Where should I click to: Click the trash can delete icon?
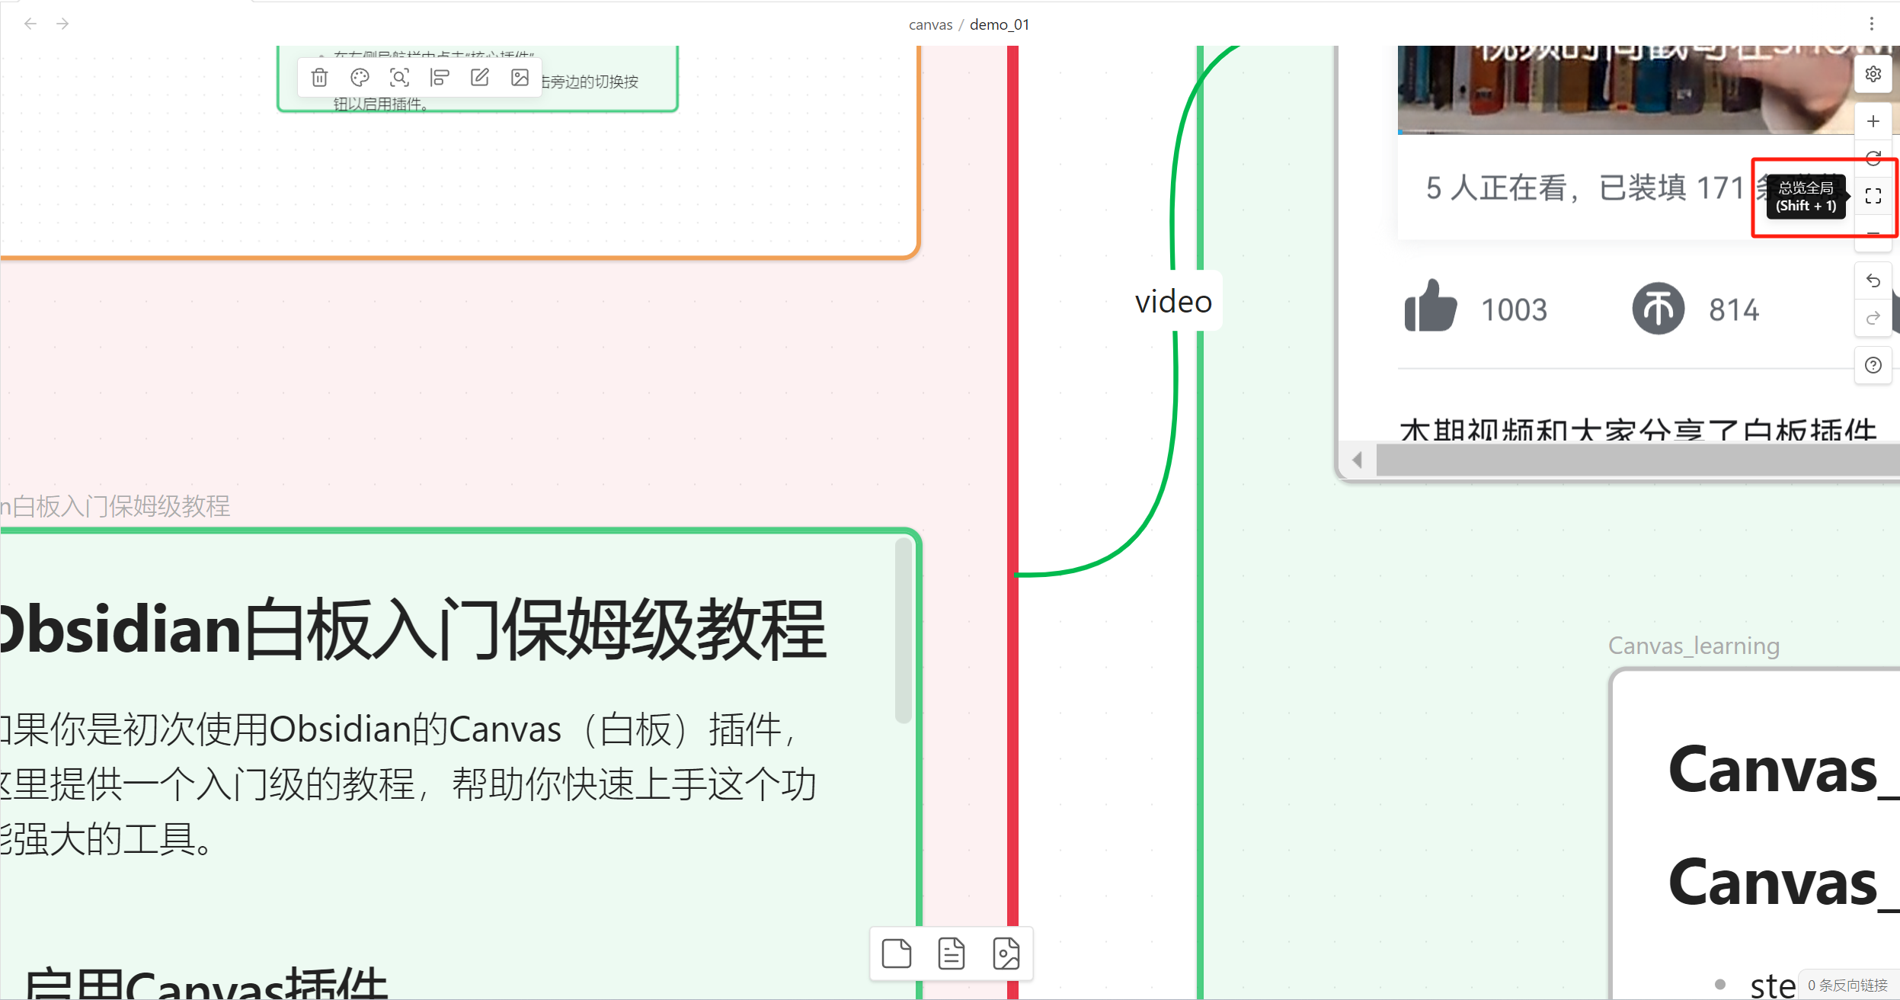[320, 77]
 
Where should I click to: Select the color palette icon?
[360, 77]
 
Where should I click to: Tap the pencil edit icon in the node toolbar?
[480, 77]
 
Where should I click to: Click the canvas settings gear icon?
[1873, 74]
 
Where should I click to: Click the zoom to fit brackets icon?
[1873, 196]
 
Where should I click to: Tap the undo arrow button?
[1873, 281]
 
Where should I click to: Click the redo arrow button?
[1873, 318]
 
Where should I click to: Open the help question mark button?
[1873, 365]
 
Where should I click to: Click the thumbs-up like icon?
[1430, 306]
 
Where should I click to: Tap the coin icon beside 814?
[1658, 309]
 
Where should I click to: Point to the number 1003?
[1514, 310]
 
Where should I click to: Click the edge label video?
[1173, 302]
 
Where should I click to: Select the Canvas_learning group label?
[1694, 646]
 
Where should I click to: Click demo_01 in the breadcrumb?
[1000, 24]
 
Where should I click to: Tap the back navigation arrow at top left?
[30, 24]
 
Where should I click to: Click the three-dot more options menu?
[1871, 24]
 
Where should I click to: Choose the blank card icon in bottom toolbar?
[896, 954]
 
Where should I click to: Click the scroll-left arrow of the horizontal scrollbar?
[1357, 460]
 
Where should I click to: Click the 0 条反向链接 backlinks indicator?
[1847, 986]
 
